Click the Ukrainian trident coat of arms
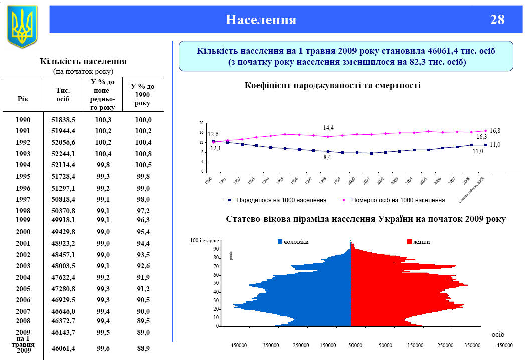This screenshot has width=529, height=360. click(22, 26)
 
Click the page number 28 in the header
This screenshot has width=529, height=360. click(497, 20)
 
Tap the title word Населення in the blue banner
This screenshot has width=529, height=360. click(261, 20)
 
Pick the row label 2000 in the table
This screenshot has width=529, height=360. click(23, 232)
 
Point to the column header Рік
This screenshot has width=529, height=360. click(23, 99)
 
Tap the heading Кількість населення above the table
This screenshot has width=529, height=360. click(83, 61)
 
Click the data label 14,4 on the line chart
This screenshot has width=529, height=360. click(328, 127)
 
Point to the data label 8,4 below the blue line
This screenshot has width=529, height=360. click(327, 157)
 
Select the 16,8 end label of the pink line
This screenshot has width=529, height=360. click(495, 130)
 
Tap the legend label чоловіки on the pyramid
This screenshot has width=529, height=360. click(296, 242)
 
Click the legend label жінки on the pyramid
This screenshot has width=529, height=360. click(422, 242)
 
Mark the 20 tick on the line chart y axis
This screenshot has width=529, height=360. click(201, 123)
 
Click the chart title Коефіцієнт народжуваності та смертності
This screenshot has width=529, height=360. click(332, 85)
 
